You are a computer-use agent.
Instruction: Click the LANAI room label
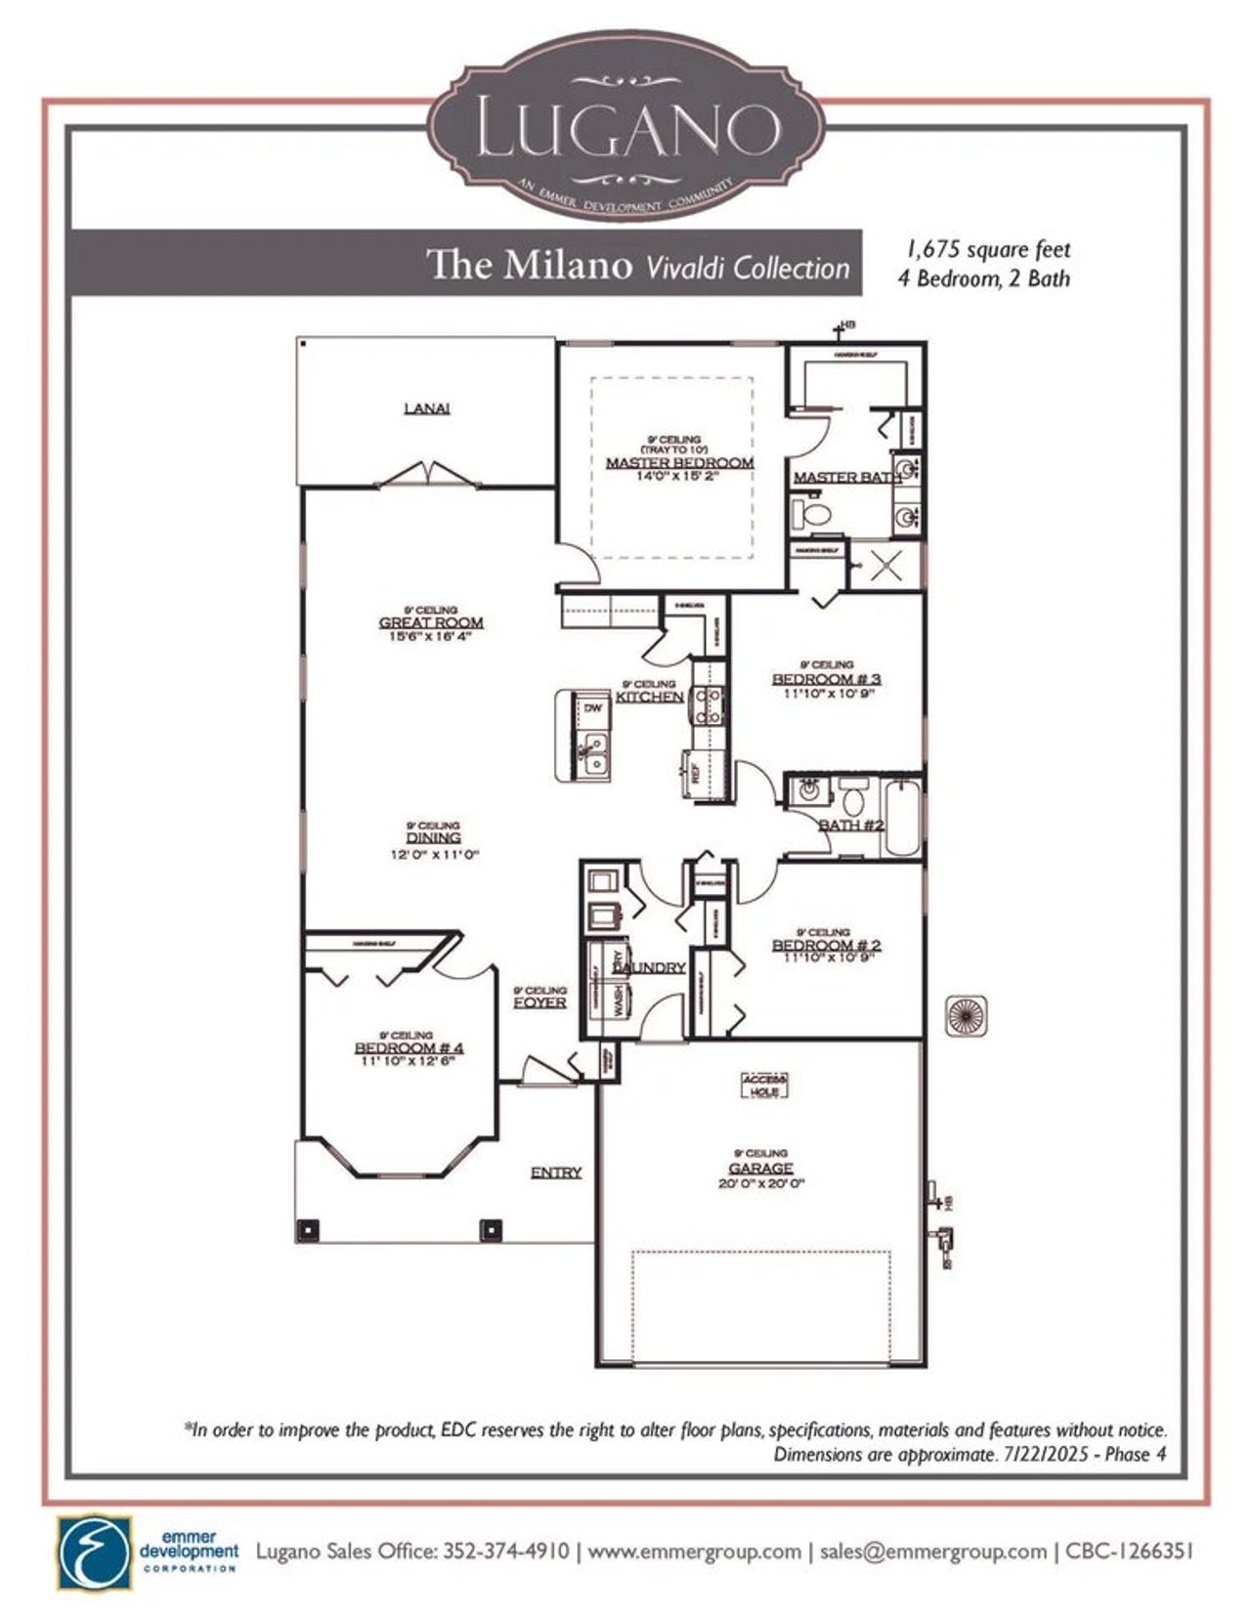[x=427, y=408]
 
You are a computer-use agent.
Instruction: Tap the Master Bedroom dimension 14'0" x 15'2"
[x=678, y=477]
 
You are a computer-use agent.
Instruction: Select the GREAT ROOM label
[x=431, y=622]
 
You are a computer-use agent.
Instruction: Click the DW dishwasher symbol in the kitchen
[x=593, y=707]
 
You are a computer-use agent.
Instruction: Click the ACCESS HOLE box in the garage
[x=764, y=1085]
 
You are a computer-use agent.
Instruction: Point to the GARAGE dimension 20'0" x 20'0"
[x=760, y=1183]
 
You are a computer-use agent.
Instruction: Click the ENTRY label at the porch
[x=556, y=1172]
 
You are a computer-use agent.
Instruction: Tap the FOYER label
[x=539, y=1002]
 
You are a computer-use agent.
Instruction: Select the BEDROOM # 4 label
[x=409, y=1048]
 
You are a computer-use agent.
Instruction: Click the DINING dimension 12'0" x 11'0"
[x=434, y=854]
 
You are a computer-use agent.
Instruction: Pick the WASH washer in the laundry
[x=619, y=1002]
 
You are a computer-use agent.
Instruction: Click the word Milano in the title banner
[x=568, y=265]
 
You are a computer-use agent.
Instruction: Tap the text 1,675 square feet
[x=985, y=250]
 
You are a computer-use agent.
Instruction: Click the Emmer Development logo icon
[x=94, y=1553]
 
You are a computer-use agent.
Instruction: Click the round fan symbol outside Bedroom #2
[x=966, y=1016]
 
